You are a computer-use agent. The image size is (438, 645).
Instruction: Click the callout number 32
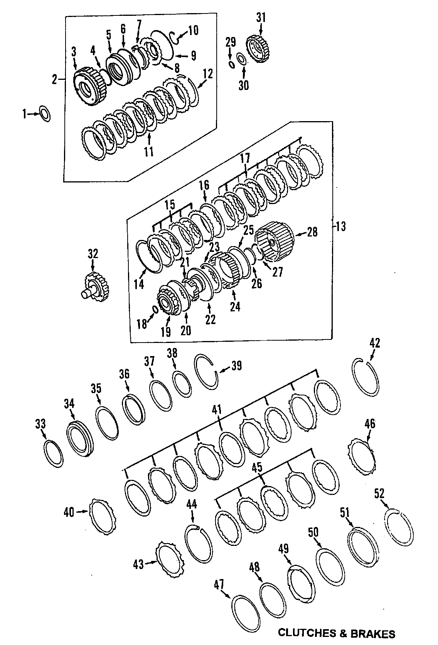pyautogui.click(x=93, y=253)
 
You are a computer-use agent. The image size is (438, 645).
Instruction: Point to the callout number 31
pyautogui.click(x=261, y=17)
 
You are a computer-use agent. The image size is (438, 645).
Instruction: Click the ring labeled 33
pyautogui.click(x=52, y=453)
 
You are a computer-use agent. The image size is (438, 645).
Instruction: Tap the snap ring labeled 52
pyautogui.click(x=399, y=528)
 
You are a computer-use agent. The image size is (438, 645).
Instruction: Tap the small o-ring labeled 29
pyautogui.click(x=231, y=64)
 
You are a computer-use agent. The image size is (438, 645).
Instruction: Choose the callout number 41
pyautogui.click(x=217, y=410)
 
